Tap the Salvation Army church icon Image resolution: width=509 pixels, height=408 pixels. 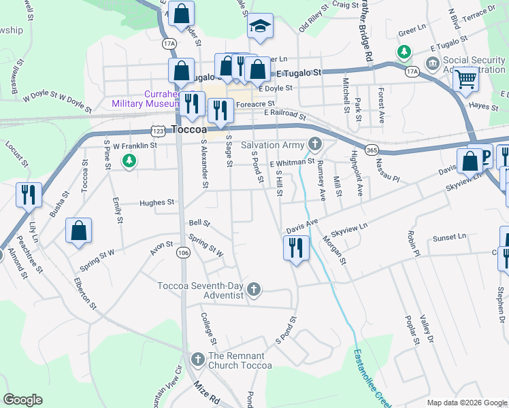pos(314,143)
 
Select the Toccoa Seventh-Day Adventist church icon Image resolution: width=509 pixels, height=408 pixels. pos(253,290)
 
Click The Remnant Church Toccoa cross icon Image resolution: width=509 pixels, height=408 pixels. pos(197,358)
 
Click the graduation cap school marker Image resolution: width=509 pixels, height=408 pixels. pos(259,27)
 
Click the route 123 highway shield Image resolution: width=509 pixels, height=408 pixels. pos(158,130)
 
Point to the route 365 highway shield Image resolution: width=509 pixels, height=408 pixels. pos(371,149)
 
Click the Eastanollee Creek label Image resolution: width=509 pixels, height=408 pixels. pos(370,378)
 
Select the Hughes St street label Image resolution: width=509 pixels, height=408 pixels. pos(157,203)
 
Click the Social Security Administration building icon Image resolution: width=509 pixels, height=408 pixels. pos(432,65)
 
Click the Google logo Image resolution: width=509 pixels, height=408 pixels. pos(23,400)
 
